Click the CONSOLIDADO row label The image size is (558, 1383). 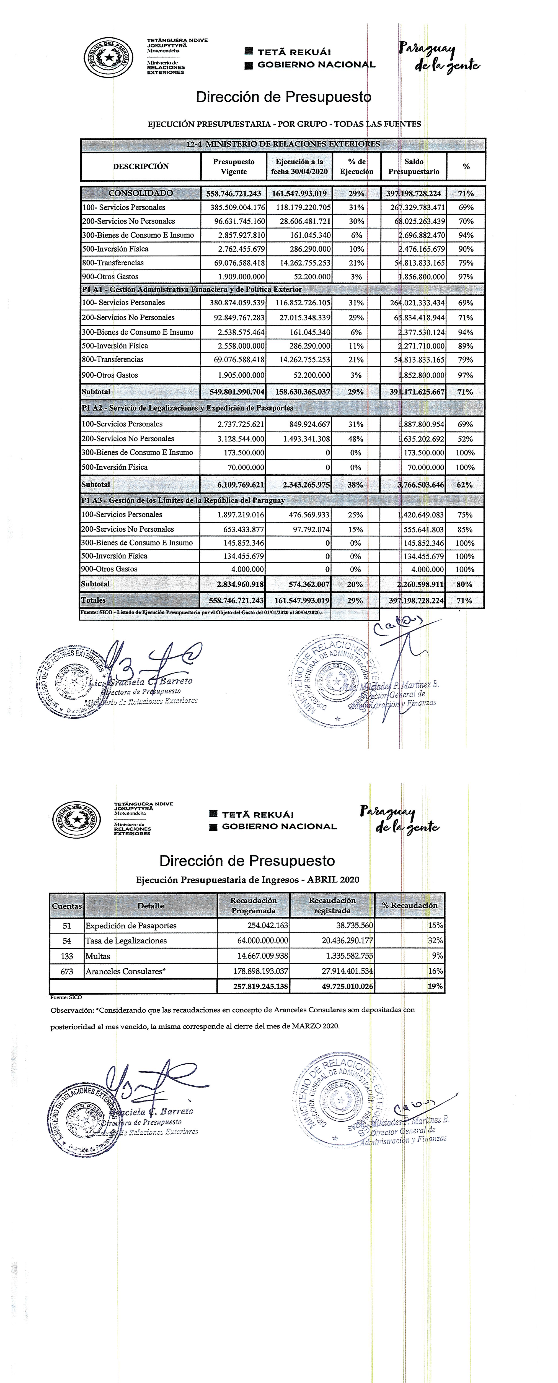click(x=141, y=193)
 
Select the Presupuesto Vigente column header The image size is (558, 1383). click(x=234, y=167)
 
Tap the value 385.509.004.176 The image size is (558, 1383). click(x=234, y=207)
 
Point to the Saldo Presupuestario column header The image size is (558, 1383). click(x=414, y=167)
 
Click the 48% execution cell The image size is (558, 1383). click(x=355, y=439)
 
